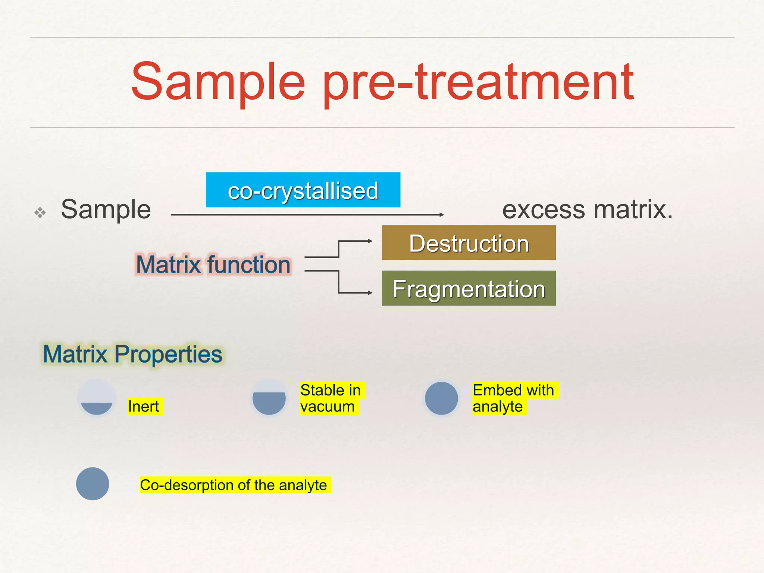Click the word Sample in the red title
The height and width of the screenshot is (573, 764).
pos(218,83)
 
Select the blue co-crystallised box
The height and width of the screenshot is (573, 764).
pos(303,190)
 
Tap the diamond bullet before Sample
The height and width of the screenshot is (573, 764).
pos(40,213)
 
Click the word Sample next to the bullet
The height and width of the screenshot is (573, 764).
pos(106,210)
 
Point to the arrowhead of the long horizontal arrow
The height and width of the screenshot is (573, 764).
pos(441,215)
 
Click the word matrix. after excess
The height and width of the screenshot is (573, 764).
pos(633,210)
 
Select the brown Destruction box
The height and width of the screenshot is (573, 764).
pos(469,243)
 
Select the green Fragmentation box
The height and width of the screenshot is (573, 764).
pos(469,289)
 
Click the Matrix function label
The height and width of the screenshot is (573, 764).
pos(213,264)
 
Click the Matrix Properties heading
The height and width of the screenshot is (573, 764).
pos(132,354)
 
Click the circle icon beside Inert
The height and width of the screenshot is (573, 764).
pos(97,398)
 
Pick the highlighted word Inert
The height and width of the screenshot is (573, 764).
pos(144,406)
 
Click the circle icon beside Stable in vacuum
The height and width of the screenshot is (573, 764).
pos(269,398)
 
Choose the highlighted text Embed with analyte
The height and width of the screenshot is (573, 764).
pos(513,398)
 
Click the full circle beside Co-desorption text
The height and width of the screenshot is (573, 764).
pos(93,484)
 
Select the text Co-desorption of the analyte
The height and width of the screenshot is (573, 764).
pos(234,485)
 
